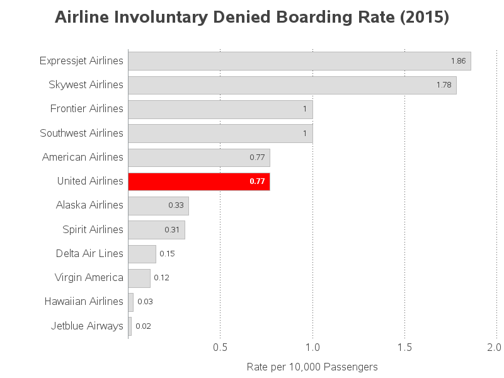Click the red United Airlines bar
[x=198, y=181]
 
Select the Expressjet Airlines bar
[x=299, y=61]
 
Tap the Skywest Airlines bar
[x=292, y=85]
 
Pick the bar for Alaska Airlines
[x=158, y=205]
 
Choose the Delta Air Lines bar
[x=142, y=254]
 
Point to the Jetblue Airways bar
[x=130, y=326]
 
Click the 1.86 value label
[x=458, y=61]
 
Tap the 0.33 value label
[x=176, y=205]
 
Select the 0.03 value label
[x=145, y=302]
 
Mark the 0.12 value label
[x=161, y=278]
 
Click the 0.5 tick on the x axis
[x=220, y=347]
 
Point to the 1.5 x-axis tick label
[x=404, y=347]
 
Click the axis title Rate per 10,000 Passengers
[x=312, y=367]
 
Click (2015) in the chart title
[x=425, y=18]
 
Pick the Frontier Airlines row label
[x=87, y=109]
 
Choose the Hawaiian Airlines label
[x=84, y=302]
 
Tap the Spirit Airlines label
[x=93, y=229]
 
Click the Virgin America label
[x=89, y=278]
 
